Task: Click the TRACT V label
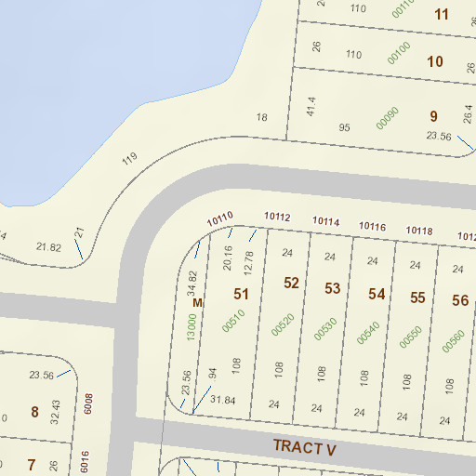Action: [304, 447]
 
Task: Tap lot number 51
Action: [242, 294]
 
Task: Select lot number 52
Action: [291, 283]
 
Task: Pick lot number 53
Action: [333, 288]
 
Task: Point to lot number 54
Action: [377, 294]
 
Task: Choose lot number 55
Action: [418, 297]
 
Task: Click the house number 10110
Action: [219, 219]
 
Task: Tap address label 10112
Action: [277, 218]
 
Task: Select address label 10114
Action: [325, 221]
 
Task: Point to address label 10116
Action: [372, 227]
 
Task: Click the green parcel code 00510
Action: [232, 321]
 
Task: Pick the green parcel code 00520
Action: [282, 324]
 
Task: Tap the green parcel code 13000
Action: [191, 325]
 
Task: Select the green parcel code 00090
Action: [387, 119]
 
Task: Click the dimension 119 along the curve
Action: [129, 158]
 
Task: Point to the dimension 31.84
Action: [223, 400]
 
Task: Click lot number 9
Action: [433, 116]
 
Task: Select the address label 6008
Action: [88, 402]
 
